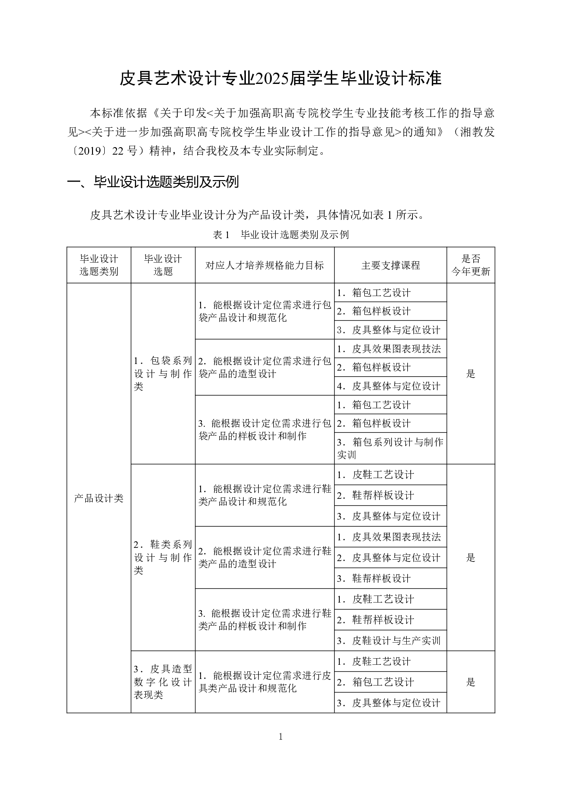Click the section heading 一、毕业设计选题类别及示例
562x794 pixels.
pyautogui.click(x=153, y=182)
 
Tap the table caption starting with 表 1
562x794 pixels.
pyautogui.click(x=281, y=234)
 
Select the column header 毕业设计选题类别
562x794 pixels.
pyautogui.click(x=99, y=265)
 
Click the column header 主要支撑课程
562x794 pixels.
pyautogui.click(x=390, y=265)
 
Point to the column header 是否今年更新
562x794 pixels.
pyautogui.click(x=470, y=265)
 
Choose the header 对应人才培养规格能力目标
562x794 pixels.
pyautogui.click(x=264, y=265)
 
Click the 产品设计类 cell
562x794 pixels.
pyautogui.click(x=99, y=498)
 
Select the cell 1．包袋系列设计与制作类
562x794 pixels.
pyautogui.click(x=163, y=374)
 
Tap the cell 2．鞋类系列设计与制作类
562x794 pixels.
pyautogui.click(x=163, y=558)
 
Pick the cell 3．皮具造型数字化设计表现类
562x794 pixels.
pyautogui.click(x=163, y=682)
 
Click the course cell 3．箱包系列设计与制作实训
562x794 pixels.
pyautogui.click(x=390, y=448)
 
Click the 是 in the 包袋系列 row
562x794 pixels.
pyautogui.click(x=470, y=374)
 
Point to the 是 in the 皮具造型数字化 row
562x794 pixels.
pyautogui.click(x=470, y=682)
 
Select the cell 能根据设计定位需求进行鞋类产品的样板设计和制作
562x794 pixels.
pyautogui.click(x=265, y=620)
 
